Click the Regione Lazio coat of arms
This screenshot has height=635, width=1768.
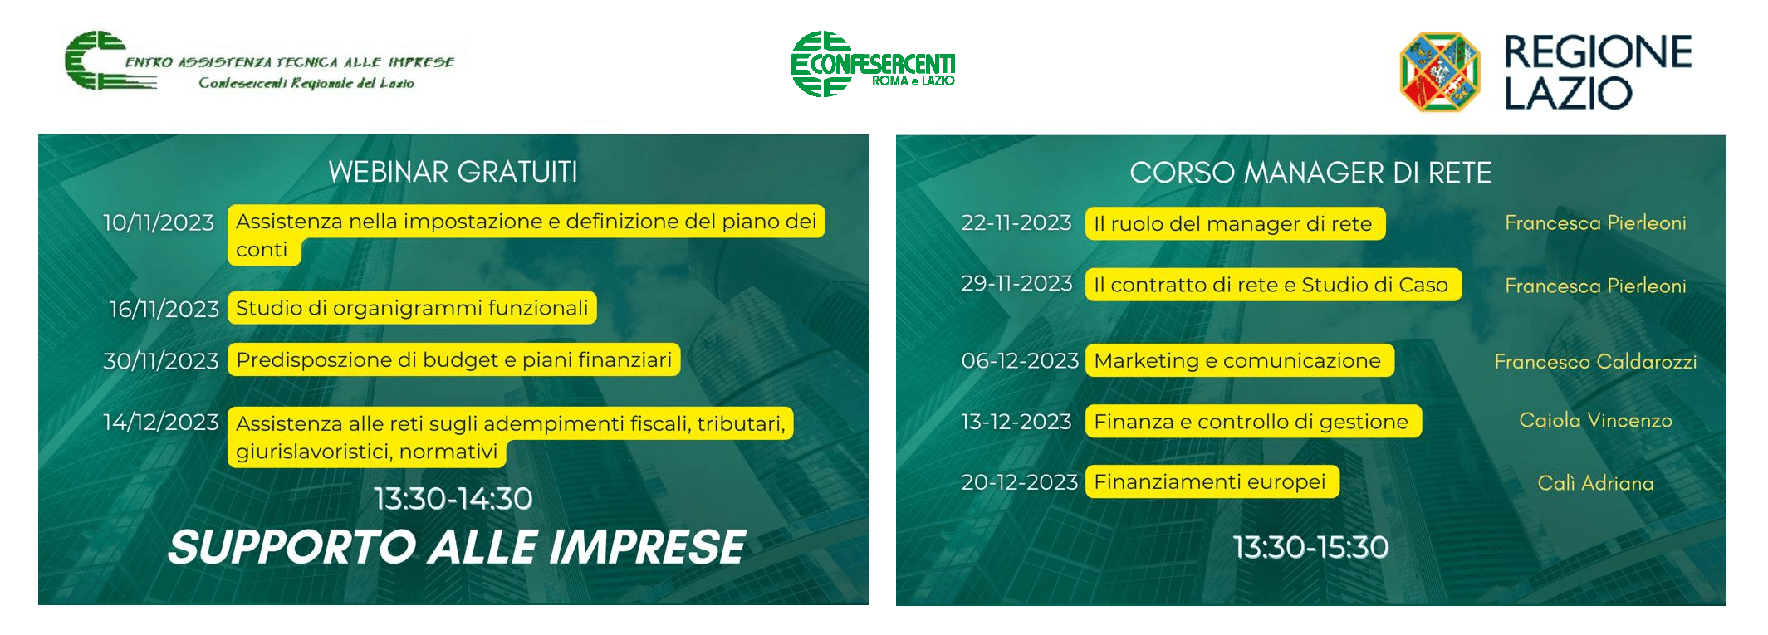coord(1440,71)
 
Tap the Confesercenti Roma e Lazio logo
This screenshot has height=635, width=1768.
coord(873,64)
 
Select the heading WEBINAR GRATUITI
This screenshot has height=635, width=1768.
coord(453,172)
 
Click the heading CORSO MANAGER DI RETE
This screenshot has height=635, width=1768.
coord(1310,173)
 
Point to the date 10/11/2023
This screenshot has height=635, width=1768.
coord(159,222)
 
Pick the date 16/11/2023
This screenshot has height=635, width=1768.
coord(164,309)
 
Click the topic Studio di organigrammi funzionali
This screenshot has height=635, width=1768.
coord(412,308)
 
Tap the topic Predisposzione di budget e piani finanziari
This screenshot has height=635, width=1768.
coord(454,359)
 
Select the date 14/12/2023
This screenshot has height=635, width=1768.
coord(161,422)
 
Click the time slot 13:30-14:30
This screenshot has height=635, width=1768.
coord(453,498)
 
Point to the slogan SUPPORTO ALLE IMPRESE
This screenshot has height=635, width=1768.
coord(457,547)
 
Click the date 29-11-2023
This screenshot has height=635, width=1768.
coord(1016,283)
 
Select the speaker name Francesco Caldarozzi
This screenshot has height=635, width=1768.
coord(1595,361)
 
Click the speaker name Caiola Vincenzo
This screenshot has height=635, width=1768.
coord(1595,420)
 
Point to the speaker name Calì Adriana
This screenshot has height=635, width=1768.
coord(1595,483)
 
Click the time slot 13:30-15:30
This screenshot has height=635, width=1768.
coord(1310,547)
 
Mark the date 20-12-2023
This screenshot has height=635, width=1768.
coord(1019,482)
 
